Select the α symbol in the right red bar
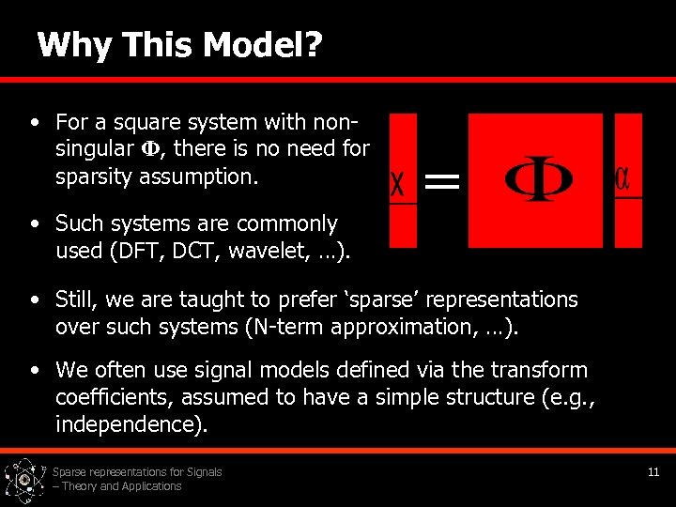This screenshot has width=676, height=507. pyautogui.click(x=622, y=177)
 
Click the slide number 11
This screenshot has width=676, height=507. pyautogui.click(x=653, y=472)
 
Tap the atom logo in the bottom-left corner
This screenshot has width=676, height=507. pyautogui.click(x=24, y=481)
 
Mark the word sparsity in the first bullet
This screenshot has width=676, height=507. pyautogui.click(x=94, y=176)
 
